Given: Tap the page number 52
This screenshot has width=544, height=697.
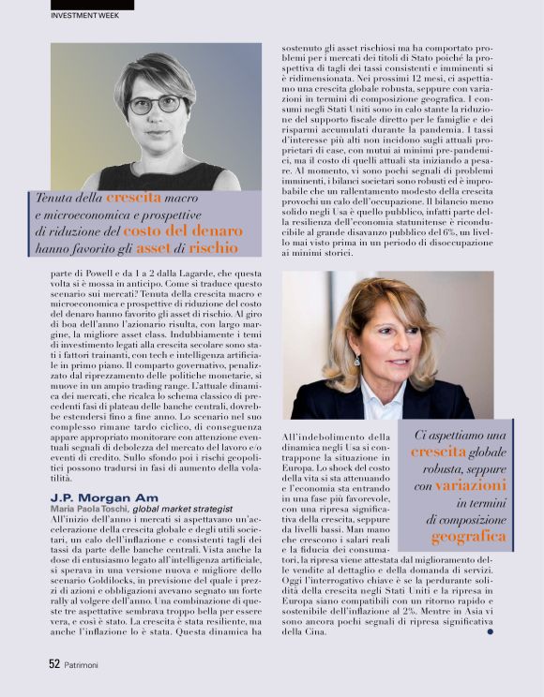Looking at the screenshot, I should [54, 662].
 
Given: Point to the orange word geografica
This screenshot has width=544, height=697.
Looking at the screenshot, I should [468, 537].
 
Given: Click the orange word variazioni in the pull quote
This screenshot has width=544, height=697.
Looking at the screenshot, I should [472, 485].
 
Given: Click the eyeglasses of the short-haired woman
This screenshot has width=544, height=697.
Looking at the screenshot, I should [155, 104].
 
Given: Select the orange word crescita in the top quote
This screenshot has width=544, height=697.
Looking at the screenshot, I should [133, 198].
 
